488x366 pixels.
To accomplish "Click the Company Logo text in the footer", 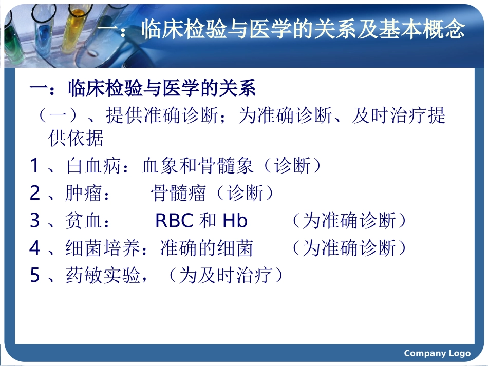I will (x=437, y=353).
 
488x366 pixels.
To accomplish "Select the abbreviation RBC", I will (x=174, y=221).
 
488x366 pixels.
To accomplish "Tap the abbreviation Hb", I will (x=235, y=221).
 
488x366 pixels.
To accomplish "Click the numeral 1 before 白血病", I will (x=34, y=166).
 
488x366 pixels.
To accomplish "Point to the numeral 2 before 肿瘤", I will (x=34, y=194).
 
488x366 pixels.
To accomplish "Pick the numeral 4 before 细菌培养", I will (x=34, y=248).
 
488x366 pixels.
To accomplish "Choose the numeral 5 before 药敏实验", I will (x=34, y=276).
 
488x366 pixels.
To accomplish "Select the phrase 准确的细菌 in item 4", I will (x=207, y=248).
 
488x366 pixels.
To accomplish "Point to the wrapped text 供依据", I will (x=76, y=138).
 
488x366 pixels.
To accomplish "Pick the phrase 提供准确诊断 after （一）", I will (x=161, y=115).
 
